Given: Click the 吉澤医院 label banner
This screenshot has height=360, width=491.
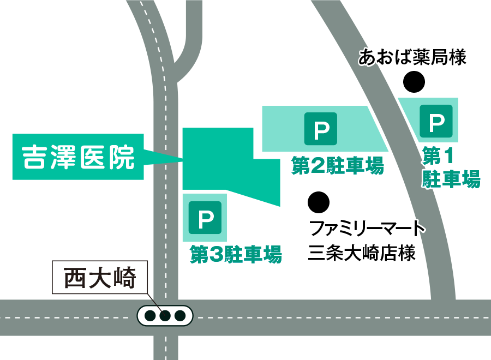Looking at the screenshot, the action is tap(78, 157).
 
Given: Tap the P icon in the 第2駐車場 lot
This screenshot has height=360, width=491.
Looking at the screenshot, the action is tap(321, 129).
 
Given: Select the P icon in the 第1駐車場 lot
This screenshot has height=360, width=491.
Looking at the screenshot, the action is tap(436, 121).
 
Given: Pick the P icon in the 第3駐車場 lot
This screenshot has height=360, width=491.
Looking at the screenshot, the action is tap(205, 218).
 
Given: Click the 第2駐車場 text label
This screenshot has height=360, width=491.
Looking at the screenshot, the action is tap(338, 165).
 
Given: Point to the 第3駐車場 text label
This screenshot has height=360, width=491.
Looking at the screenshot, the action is tap(236, 254).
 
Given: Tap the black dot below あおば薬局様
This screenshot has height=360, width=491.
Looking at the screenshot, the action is tap(414, 82).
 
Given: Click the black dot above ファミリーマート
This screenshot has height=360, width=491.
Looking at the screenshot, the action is tap(319, 202).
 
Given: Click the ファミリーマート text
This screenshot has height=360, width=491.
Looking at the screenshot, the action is tap(367, 228).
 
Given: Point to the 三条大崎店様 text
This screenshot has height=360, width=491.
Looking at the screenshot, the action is tap(362, 253).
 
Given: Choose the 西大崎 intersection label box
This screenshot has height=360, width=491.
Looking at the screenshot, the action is tap(100, 277).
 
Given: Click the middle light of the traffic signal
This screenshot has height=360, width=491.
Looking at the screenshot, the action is tap(165, 316).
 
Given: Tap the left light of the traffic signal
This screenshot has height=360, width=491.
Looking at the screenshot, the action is tap(151, 316).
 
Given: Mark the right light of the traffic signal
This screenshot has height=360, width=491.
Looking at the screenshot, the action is tap(180, 316).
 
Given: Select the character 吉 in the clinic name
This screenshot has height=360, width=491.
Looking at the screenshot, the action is tap(34, 157).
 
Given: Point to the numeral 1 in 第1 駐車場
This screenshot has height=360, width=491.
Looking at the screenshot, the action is tap(449, 155).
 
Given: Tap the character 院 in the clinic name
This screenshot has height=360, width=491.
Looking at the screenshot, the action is tap(122, 157).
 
